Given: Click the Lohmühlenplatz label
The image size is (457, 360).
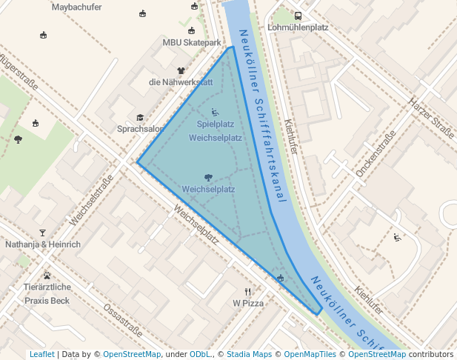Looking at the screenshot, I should (297, 27).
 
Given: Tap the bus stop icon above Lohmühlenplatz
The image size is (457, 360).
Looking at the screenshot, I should (298, 16).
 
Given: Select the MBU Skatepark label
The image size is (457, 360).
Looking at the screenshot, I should (192, 43).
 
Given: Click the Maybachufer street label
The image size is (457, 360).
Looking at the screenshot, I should (77, 7).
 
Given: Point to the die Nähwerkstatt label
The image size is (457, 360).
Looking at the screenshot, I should (181, 82).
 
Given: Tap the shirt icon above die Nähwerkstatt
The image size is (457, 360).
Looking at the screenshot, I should (181, 71).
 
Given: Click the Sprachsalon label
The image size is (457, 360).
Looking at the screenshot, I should (140, 129).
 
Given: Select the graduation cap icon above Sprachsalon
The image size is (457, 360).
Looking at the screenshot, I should (140, 118).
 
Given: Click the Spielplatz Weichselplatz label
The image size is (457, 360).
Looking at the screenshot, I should (216, 130).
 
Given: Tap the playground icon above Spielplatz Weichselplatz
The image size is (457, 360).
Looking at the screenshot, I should (216, 113).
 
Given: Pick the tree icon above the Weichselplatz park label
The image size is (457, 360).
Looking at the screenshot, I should (208, 177).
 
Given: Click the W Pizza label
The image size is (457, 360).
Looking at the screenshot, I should (248, 303).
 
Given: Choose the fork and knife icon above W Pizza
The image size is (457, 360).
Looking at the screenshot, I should (248, 292).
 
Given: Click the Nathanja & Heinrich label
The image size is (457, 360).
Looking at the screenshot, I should (42, 244).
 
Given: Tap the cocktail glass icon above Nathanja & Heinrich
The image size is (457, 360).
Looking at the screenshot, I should (42, 233).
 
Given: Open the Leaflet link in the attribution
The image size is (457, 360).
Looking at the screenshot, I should (41, 354).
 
